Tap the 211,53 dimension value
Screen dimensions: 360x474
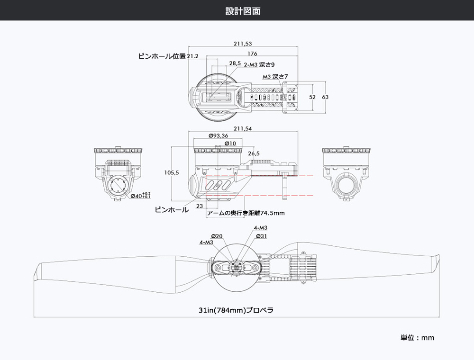pos(242,44)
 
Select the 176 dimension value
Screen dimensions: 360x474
pos(252,54)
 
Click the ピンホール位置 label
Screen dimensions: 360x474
pos(162,56)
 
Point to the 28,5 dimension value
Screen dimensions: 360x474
pos(235,63)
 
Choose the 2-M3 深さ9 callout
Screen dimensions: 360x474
pos(259,65)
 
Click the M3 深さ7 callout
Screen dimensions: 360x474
pos(275,76)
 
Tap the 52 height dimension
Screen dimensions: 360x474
pos(312,97)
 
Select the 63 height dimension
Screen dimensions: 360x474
pos(325,97)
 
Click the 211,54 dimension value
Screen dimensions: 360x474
pos(243,129)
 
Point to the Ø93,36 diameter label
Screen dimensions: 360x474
pos(218,136)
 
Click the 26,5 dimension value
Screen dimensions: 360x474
pos(254,153)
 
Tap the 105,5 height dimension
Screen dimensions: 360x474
pos(171,172)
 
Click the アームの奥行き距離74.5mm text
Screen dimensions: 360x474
pos(246,213)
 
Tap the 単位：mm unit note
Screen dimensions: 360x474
pos(417,338)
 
